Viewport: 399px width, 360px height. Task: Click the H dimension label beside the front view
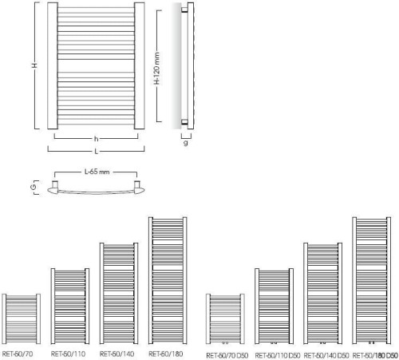click(34, 65)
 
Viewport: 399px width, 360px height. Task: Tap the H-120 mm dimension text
click(157, 69)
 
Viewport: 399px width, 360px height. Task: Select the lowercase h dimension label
click(97, 139)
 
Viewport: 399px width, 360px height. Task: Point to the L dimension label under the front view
click(97, 152)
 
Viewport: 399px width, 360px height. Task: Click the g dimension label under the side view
click(186, 143)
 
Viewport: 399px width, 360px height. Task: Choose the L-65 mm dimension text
click(97, 172)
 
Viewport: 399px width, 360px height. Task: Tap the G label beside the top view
click(34, 187)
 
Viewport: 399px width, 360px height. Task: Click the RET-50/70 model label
click(18, 354)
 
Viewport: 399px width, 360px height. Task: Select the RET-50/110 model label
click(68, 354)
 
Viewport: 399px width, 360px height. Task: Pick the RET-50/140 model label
click(117, 354)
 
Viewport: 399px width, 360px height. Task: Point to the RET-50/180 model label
click(166, 354)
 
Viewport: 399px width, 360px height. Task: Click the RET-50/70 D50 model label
click(227, 355)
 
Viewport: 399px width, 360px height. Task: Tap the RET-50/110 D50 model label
click(278, 355)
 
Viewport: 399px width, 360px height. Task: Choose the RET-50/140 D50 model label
click(326, 355)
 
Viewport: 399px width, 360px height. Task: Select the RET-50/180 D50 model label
click(375, 355)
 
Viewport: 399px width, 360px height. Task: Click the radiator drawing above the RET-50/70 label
click(22, 318)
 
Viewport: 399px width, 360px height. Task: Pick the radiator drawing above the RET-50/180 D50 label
click(372, 280)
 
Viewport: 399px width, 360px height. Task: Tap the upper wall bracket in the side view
click(184, 10)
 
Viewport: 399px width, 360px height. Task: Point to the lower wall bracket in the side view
click(184, 122)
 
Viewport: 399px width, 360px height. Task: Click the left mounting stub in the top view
click(55, 184)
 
